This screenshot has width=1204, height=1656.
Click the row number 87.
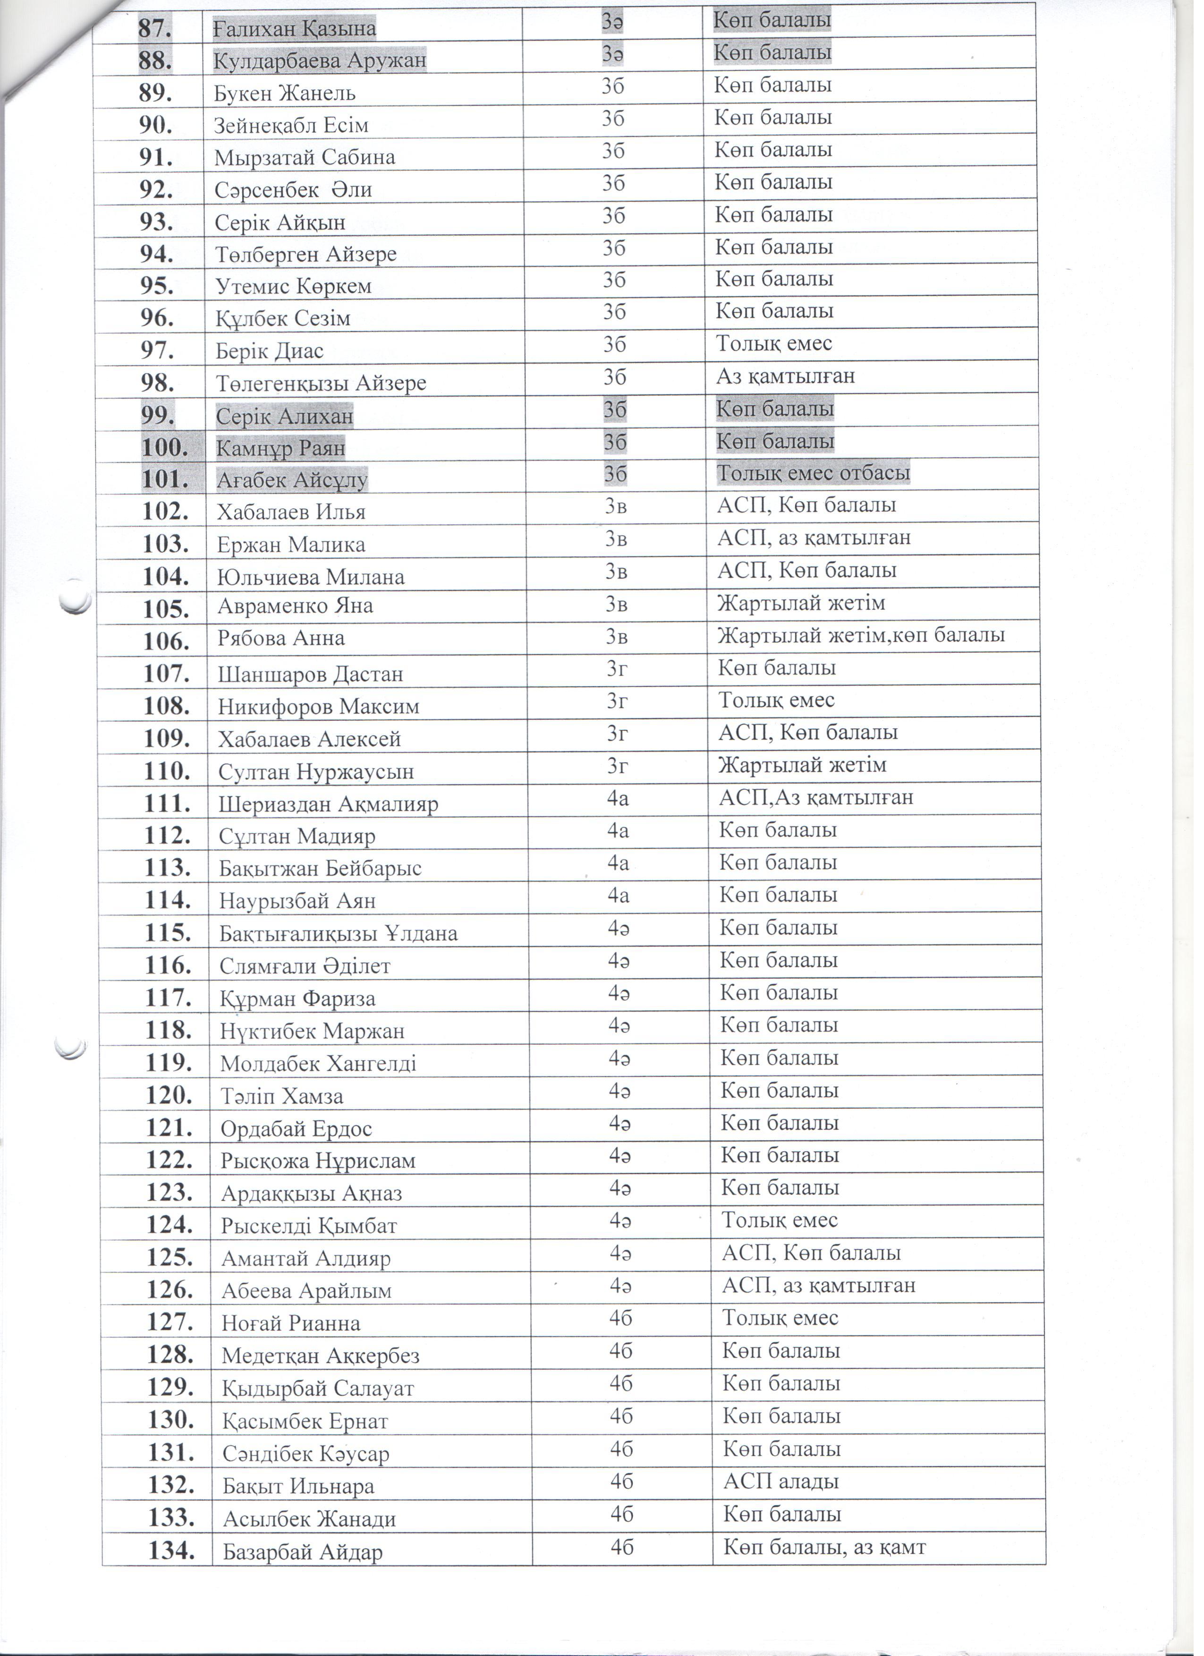(155, 28)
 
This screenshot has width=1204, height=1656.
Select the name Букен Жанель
(285, 94)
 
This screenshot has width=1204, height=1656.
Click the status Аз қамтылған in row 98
(785, 377)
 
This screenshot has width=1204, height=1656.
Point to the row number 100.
(164, 448)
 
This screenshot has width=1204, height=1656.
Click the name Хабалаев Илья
(291, 512)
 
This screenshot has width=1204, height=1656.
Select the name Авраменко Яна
(296, 606)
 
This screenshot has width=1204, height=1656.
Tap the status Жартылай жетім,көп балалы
(861, 635)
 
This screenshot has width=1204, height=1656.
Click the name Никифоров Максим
(318, 707)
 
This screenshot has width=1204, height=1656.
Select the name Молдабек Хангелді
(318, 1063)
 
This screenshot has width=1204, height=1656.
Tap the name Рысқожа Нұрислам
(318, 1161)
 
